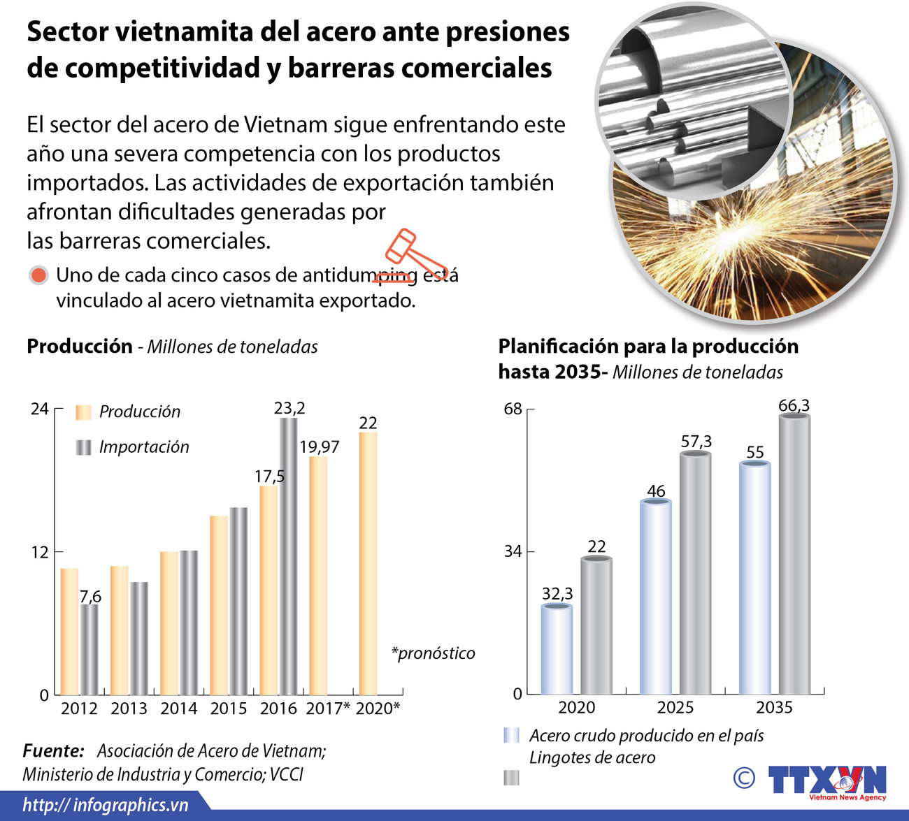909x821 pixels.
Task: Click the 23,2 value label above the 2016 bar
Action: coord(289,408)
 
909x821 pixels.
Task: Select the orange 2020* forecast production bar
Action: coord(368,563)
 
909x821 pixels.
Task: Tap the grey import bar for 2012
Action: coord(89,650)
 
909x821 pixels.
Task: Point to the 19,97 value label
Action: coord(320,447)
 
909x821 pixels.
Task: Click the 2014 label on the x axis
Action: coord(179,709)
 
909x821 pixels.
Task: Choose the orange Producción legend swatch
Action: coord(83,412)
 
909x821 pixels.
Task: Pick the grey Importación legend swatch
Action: coord(83,447)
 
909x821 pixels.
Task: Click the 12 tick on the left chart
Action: coord(39,552)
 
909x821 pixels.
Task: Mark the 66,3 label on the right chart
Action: coord(794,405)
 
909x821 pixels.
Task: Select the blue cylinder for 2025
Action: coord(656,597)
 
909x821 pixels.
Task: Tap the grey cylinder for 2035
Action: coord(794,555)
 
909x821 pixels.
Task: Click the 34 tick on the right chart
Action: coord(513,551)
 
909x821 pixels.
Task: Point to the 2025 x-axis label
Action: coord(675,707)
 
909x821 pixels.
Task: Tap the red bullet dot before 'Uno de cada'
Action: coord(38,275)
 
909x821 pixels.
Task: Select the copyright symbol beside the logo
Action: coord(745,778)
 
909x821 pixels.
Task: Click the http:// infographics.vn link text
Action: coord(105,805)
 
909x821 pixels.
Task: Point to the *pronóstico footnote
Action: coord(433,653)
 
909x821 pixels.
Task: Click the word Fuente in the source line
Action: coord(53,751)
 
